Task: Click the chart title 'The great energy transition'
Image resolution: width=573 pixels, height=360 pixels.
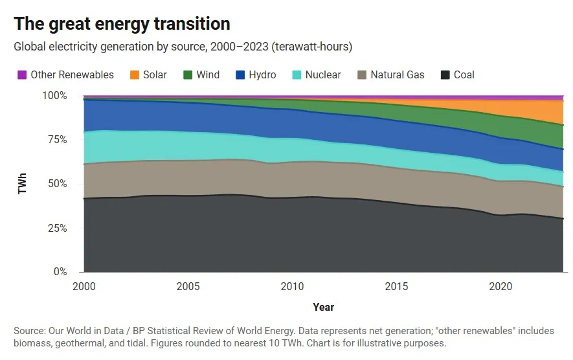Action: point(122,24)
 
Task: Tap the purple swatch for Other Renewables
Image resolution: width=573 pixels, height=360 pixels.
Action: point(21,75)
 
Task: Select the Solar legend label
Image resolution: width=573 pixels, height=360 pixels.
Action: point(155,75)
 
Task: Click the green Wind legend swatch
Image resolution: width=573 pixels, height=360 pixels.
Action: point(187,75)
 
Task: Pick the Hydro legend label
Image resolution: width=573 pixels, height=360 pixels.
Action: point(262,75)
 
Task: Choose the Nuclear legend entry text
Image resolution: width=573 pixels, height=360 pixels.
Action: point(323,75)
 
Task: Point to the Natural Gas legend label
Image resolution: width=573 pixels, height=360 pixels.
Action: point(398,75)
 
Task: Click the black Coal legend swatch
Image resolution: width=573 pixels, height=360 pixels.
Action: point(445,75)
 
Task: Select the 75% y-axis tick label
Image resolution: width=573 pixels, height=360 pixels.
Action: point(57,140)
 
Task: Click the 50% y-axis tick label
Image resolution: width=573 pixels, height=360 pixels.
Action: point(57,184)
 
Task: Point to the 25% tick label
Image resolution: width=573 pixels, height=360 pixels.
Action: point(57,228)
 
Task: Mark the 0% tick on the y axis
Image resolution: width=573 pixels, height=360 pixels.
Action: point(60,272)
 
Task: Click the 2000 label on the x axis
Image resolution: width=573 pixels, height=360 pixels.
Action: point(84,287)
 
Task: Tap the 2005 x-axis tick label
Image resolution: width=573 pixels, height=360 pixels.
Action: point(188,287)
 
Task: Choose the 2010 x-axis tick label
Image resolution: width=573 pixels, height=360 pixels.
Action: point(292,287)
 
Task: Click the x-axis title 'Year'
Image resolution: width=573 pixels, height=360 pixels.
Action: point(324,307)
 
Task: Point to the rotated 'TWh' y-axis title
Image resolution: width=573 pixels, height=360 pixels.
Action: point(23,184)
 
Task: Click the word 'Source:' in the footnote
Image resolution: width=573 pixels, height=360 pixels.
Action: point(29,331)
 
